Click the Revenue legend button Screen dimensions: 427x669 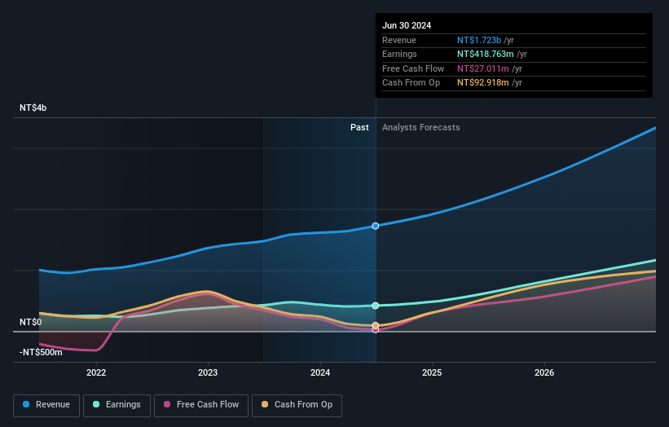[47, 404]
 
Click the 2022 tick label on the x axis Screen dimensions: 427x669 [96, 373]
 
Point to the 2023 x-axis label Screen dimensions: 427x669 [208, 373]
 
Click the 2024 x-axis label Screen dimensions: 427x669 [320, 373]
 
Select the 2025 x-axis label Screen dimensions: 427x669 [432, 373]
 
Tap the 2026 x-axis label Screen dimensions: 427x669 [544, 373]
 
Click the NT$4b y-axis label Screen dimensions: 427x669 [33, 108]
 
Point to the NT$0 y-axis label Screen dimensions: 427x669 [31, 323]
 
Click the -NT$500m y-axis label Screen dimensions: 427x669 [41, 352]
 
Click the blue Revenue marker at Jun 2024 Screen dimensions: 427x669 [376, 226]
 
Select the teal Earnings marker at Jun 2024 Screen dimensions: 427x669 [376, 306]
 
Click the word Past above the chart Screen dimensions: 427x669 [359, 128]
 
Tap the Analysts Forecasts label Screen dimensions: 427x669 [420, 128]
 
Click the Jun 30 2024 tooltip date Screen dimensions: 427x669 [406, 25]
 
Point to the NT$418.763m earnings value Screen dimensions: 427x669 [486, 55]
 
